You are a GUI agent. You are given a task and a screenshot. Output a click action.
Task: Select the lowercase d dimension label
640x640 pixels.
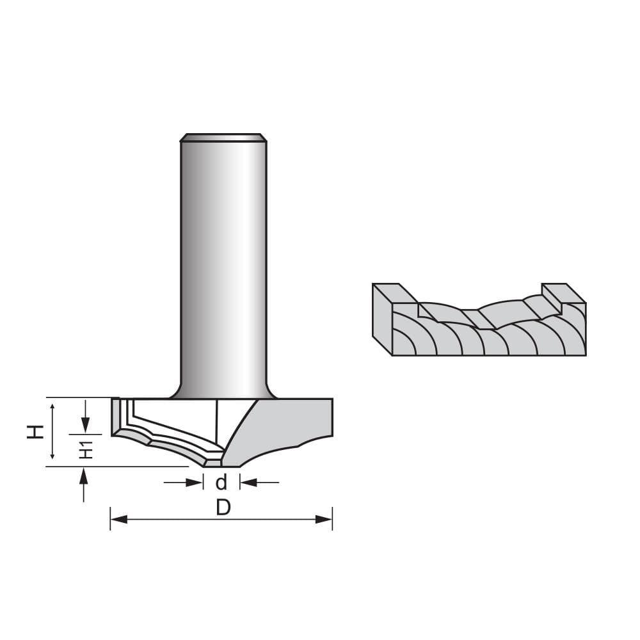[221, 482]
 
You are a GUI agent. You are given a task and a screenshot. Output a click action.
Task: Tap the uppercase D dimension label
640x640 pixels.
[223, 508]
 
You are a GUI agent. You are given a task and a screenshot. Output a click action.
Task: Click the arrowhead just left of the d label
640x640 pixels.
[195, 482]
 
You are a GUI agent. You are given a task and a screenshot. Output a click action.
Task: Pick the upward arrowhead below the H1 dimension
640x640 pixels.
[83, 475]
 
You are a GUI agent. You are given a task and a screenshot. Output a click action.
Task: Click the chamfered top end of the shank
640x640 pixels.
[223, 137]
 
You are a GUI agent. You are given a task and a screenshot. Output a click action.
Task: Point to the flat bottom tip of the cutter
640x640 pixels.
[221, 465]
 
